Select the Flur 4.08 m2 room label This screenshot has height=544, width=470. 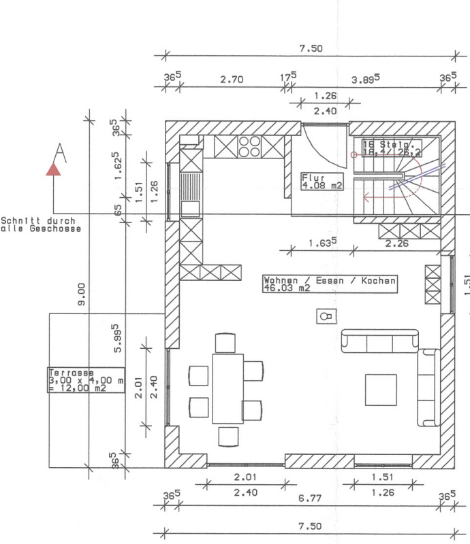pos(321,181)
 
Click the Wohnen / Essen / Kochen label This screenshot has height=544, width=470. pos(330,284)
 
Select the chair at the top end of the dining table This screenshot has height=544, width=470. pos(225,343)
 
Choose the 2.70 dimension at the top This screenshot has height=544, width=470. pos(232,80)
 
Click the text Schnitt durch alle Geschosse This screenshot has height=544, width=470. pos(41,225)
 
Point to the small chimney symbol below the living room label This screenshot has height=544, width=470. pos(327,316)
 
